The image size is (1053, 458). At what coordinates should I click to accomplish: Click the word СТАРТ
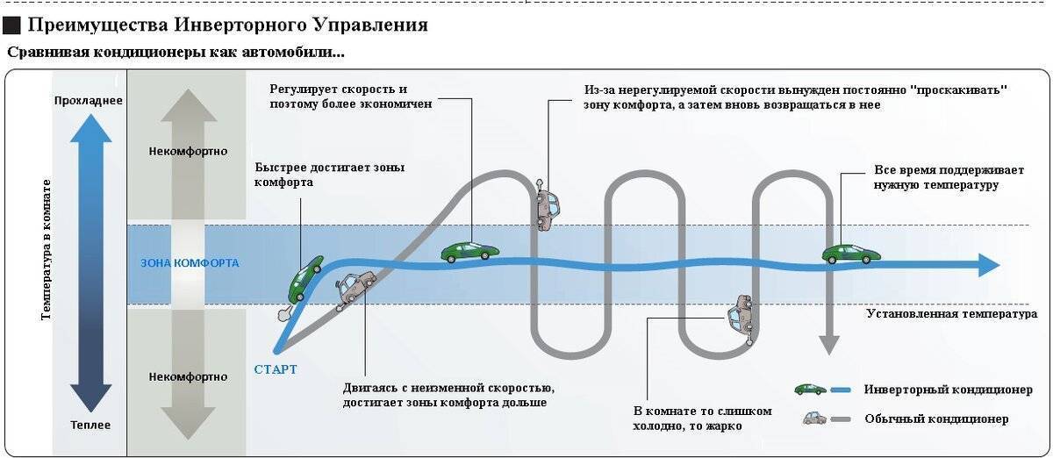[x=276, y=369]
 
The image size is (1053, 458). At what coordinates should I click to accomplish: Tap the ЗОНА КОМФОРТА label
[x=190, y=263]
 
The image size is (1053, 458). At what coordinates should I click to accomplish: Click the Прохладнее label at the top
[x=88, y=100]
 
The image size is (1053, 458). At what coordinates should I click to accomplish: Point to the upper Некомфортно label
[x=189, y=151]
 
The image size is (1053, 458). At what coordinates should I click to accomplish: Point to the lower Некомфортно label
[x=189, y=376]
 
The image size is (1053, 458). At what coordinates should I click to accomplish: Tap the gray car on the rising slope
[x=355, y=288]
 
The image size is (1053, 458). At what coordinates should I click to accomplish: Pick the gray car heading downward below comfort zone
[x=741, y=318]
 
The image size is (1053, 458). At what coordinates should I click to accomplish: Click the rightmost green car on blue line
[x=850, y=254]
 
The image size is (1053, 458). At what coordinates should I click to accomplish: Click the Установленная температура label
[x=951, y=313]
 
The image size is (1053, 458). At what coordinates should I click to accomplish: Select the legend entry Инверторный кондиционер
[x=948, y=390]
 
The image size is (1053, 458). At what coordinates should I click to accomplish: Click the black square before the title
[x=11, y=25]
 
